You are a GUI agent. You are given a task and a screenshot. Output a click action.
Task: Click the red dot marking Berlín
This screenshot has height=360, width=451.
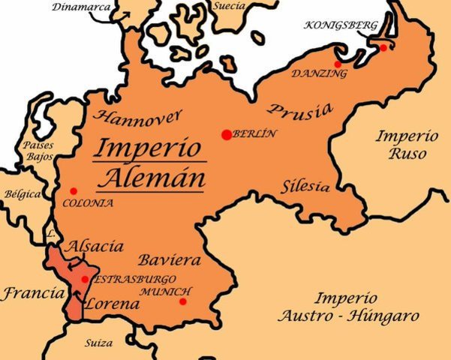(226, 134)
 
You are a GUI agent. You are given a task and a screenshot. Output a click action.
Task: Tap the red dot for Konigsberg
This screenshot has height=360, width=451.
(383, 47)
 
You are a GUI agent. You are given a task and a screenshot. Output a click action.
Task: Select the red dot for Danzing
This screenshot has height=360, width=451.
(338, 64)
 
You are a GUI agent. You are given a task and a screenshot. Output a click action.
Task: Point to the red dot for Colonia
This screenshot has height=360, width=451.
(74, 191)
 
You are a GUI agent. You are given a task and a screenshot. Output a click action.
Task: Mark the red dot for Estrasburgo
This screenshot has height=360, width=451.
(85, 279)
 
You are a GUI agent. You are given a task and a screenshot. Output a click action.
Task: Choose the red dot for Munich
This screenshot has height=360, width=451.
(183, 301)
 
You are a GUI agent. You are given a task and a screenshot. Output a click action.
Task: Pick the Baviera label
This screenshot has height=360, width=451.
(169, 261)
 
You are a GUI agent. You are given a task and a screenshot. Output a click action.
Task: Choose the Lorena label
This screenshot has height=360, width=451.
(112, 304)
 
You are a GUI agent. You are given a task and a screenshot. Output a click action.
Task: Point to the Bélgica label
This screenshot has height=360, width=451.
(21, 194)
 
